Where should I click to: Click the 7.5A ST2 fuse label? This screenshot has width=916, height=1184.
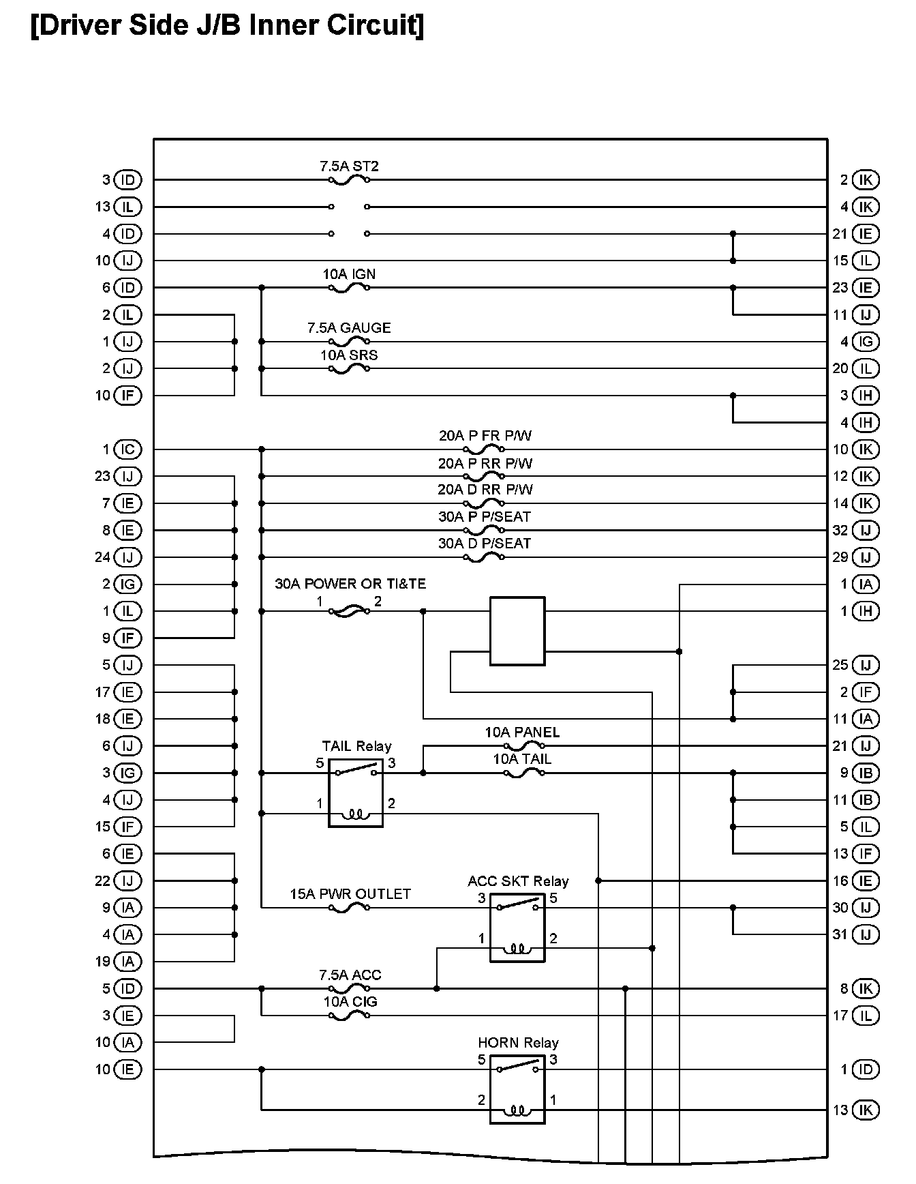pyautogui.click(x=349, y=166)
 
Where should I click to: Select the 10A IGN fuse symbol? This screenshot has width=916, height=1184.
pyautogui.click(x=349, y=288)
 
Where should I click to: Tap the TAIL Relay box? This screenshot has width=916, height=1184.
pyautogui.click(x=356, y=793)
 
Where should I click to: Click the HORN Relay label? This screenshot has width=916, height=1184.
pyautogui.click(x=518, y=1043)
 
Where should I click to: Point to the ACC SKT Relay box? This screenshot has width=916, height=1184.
pyautogui.click(x=517, y=928)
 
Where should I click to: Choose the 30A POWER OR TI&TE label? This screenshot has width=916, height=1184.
pyautogui.click(x=350, y=584)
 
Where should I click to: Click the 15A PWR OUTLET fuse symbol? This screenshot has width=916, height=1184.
pyautogui.click(x=349, y=908)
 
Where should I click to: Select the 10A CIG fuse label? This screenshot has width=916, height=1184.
pyautogui.click(x=350, y=1002)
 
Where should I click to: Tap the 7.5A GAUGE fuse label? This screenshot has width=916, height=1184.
pyautogui.click(x=349, y=328)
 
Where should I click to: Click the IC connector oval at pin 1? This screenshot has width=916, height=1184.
pyautogui.click(x=127, y=449)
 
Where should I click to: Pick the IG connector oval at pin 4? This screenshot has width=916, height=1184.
pyautogui.click(x=866, y=342)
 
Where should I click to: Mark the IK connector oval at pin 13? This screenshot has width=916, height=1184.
pyautogui.click(x=866, y=1110)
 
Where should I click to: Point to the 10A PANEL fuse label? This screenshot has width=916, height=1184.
pyautogui.click(x=522, y=732)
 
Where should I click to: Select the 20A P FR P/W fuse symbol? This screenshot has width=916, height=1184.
pyautogui.click(x=484, y=449)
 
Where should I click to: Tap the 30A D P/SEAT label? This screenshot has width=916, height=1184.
pyautogui.click(x=485, y=544)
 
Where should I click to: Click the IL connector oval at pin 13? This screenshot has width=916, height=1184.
pyautogui.click(x=127, y=207)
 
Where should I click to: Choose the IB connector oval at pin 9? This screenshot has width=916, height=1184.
pyautogui.click(x=866, y=773)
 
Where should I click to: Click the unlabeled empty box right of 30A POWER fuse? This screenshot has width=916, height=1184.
pyautogui.click(x=517, y=631)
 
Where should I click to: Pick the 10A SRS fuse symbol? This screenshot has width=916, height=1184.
pyautogui.click(x=349, y=369)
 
